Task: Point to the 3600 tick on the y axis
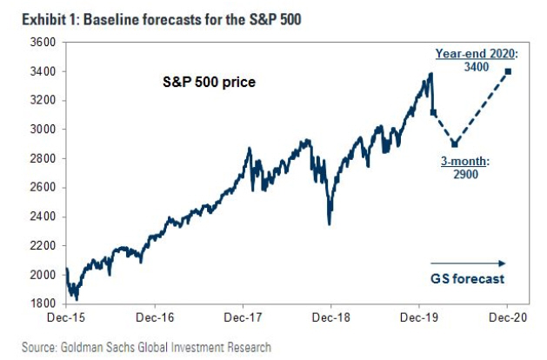43,42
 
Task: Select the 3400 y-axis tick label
43,71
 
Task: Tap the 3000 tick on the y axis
43,129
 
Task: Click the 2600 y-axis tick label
43,187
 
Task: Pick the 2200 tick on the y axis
43,245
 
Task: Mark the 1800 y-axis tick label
43,303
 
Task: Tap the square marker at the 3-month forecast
454,143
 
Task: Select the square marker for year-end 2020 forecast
508,71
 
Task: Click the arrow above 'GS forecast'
468,263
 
